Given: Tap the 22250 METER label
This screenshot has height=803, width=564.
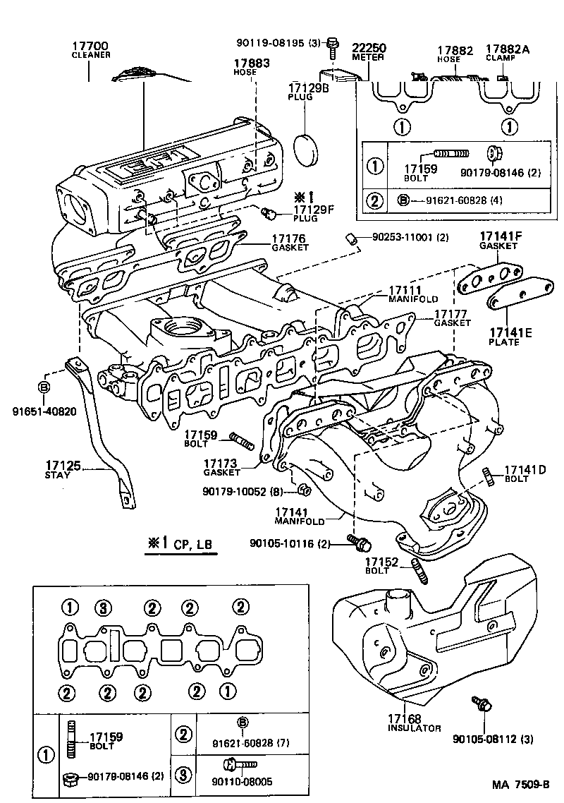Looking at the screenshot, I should click(369, 52).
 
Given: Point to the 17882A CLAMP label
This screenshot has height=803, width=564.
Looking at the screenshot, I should click(505, 54).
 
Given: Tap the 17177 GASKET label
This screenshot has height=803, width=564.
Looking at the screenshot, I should click(452, 318).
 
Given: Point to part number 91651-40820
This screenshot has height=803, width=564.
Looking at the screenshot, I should click(43, 410).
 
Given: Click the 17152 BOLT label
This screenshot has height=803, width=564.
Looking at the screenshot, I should click(382, 566).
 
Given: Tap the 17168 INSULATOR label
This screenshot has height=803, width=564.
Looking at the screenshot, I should click(414, 723).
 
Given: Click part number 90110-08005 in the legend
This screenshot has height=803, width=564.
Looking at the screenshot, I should click(241, 782).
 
